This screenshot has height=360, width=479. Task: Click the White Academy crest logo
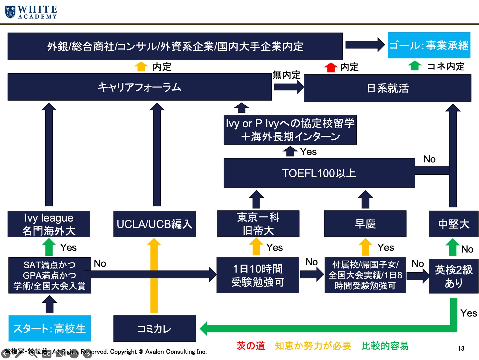coord(10,12)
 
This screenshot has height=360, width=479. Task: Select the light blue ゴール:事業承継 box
coord(429,45)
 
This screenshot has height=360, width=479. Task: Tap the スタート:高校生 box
coord(50,328)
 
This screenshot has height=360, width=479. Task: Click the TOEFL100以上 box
coord(319,173)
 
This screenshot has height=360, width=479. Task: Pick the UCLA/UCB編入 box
coord(155,224)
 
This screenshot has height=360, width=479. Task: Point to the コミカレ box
coord(155,329)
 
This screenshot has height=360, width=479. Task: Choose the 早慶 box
coord(365,224)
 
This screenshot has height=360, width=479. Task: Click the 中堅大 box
coord(454,224)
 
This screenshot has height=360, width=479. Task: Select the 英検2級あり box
coord(454,276)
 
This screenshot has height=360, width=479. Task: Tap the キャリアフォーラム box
coord(140,87)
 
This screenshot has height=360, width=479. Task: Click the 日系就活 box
coord(387,88)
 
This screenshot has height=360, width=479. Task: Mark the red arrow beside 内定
coord(331,67)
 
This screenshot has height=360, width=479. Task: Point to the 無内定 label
coord(286,75)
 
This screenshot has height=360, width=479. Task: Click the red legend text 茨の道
coord(250,346)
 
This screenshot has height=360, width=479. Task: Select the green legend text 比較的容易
coord(385,346)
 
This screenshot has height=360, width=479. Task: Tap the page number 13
coord(461,348)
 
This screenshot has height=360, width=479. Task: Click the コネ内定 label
coord(446,66)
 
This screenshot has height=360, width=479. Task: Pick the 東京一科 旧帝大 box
coord(258,224)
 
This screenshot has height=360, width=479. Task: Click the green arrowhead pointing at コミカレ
coord(204,329)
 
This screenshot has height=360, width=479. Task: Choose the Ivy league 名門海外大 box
coord(49,224)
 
